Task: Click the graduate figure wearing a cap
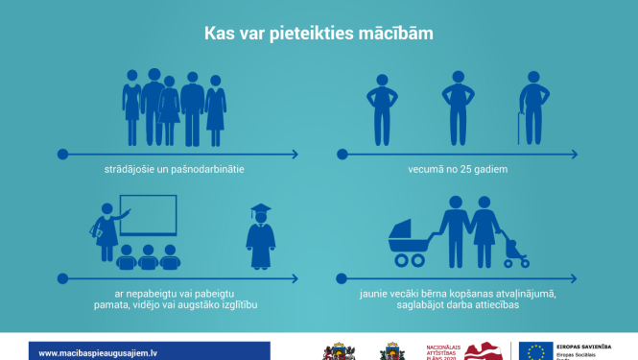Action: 260,235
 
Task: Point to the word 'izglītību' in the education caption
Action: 237,304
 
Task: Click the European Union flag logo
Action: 535,351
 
